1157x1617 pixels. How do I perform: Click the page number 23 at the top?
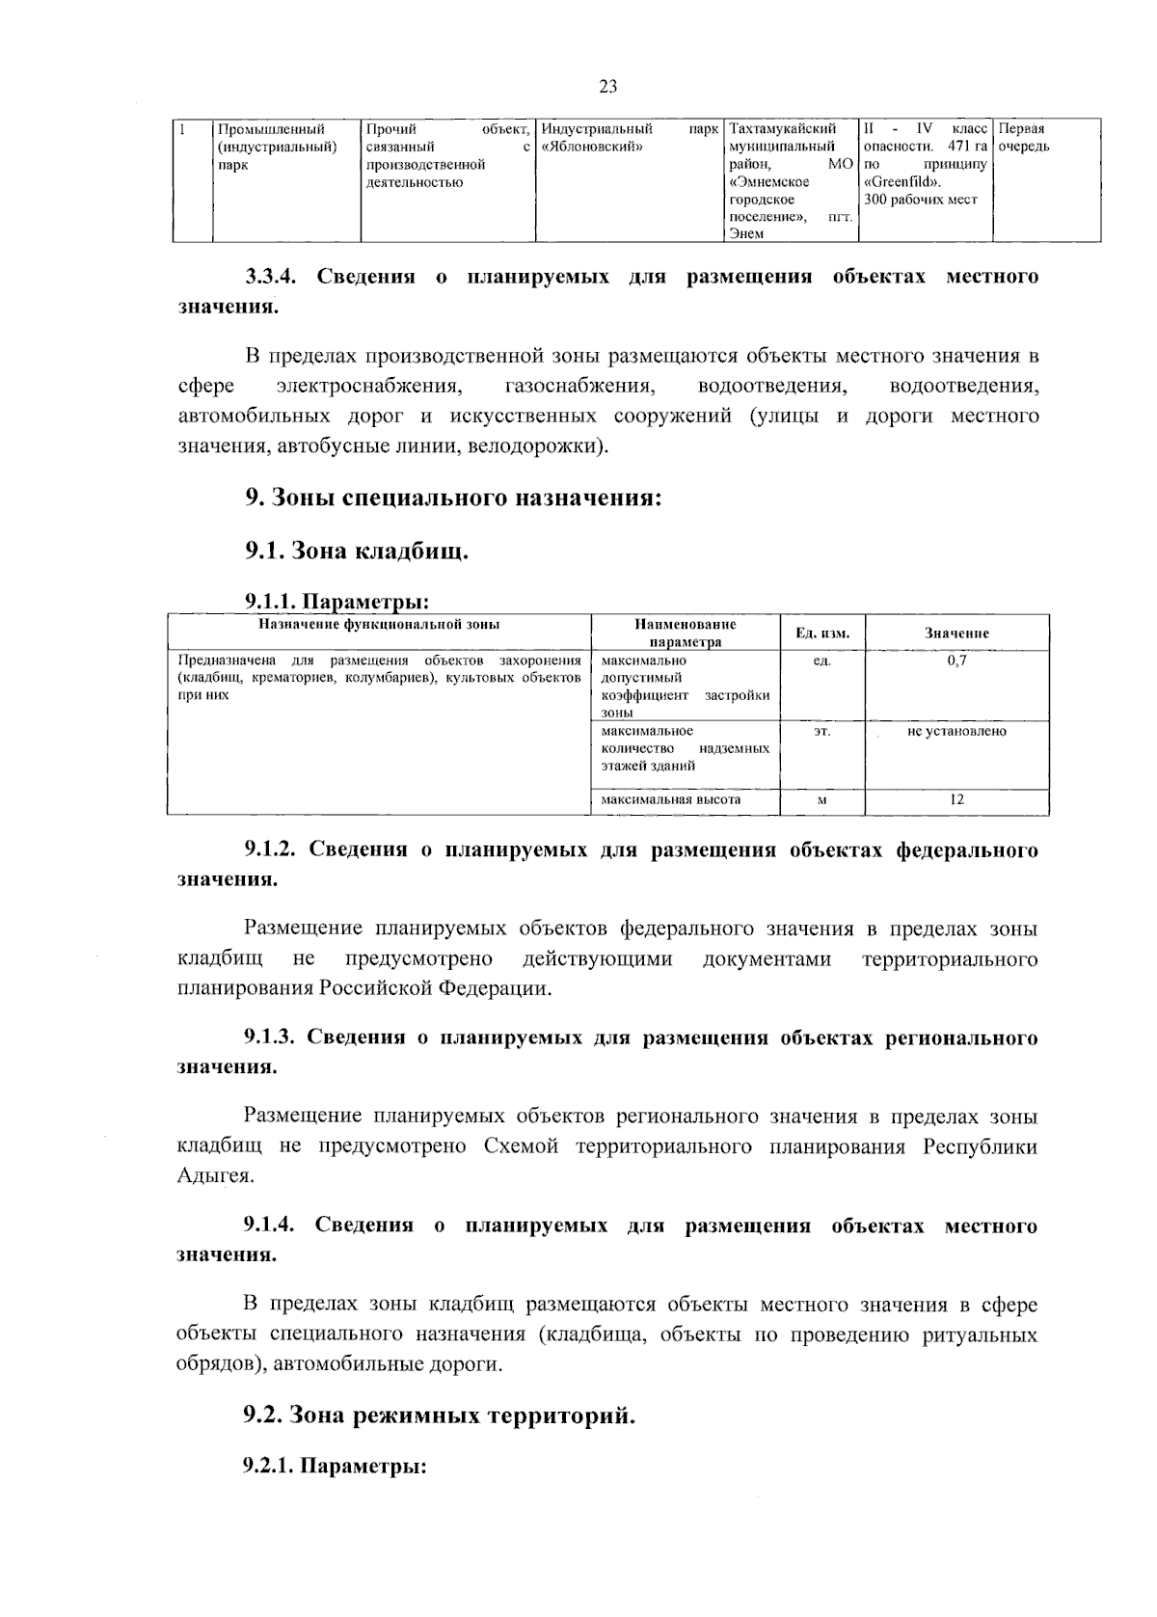pyautogui.click(x=607, y=87)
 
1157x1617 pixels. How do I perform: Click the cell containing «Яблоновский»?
pyautogui.click(x=628, y=147)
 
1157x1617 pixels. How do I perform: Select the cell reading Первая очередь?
pyautogui.click(x=1045, y=138)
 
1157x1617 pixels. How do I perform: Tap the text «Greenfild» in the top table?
pyautogui.click(x=902, y=182)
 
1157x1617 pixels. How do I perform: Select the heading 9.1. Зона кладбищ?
pyautogui.click(x=356, y=552)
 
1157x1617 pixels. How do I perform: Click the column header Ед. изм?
pyautogui.click(x=821, y=633)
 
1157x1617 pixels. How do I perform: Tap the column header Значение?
pyautogui.click(x=956, y=633)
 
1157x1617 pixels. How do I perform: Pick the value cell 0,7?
pyautogui.click(x=956, y=660)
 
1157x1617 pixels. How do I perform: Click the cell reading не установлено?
pyautogui.click(x=956, y=731)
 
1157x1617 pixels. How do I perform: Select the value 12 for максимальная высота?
pyautogui.click(x=956, y=799)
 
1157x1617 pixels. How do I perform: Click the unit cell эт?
pyautogui.click(x=821, y=731)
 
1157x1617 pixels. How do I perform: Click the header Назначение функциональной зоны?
pyautogui.click(x=378, y=625)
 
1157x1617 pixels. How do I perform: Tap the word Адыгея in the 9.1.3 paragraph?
pyautogui.click(x=214, y=1176)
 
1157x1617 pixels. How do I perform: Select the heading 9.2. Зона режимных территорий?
pyautogui.click(x=439, y=1415)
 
